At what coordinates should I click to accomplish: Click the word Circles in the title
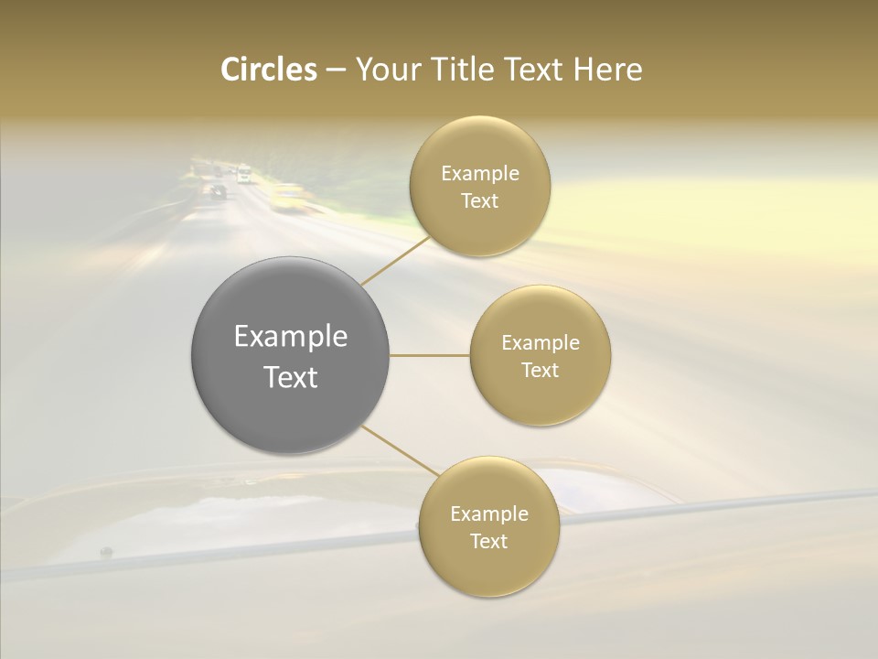[x=268, y=70]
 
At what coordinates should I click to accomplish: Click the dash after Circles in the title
[x=336, y=70]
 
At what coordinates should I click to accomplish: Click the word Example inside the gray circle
[x=291, y=337]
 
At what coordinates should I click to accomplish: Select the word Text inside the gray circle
[x=291, y=377]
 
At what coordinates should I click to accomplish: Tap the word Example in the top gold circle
[x=480, y=174]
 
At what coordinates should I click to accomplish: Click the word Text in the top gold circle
[x=480, y=201]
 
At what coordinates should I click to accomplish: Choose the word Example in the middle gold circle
[x=541, y=343]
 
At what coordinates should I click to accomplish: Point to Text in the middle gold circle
[x=541, y=371]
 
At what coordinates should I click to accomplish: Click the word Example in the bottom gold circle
[x=489, y=514]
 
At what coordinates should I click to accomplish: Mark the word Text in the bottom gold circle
[x=489, y=542]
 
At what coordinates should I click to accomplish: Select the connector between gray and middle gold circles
[x=430, y=355]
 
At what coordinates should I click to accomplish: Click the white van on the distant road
[x=243, y=173]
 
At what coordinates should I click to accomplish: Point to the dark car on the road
[x=218, y=191]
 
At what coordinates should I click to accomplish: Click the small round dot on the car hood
[x=106, y=552]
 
